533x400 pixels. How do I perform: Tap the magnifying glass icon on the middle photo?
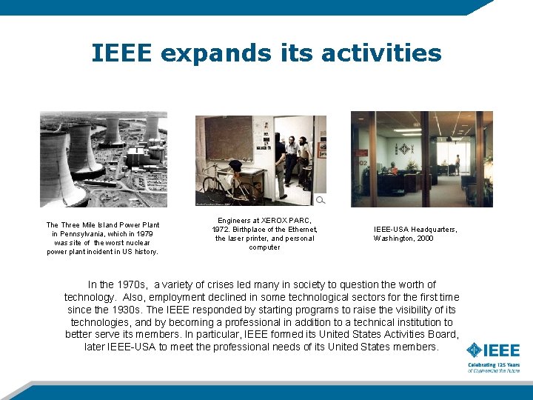(320, 200)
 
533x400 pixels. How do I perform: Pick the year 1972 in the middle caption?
(221, 230)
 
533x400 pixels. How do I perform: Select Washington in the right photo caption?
(395, 239)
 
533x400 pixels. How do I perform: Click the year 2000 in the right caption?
(425, 239)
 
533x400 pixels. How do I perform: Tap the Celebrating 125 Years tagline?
(493, 365)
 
